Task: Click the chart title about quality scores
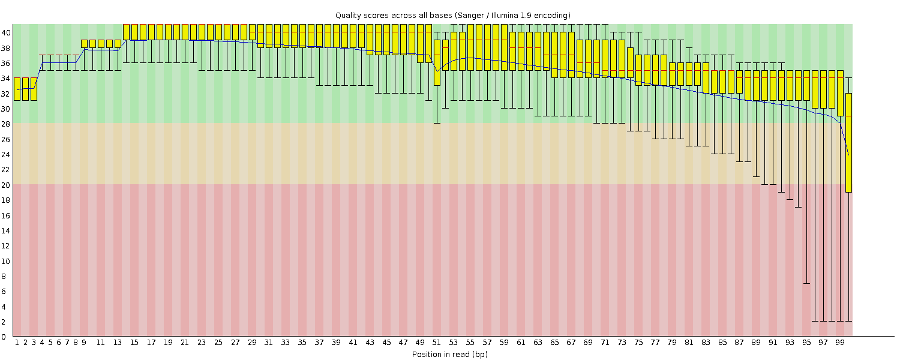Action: [452, 15]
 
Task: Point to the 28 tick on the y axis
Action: [5, 124]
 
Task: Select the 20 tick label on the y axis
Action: [5, 185]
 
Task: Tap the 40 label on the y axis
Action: [5, 33]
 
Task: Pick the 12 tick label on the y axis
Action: [5, 245]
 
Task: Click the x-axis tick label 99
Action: [840, 343]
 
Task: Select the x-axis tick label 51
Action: [437, 343]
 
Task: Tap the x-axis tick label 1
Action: [17, 343]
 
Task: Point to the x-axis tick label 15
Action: [134, 343]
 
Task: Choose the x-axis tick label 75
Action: [638, 343]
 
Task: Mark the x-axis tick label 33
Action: [286, 343]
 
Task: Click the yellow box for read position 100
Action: [848, 142]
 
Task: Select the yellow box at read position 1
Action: [17, 89]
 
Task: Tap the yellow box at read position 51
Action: [437, 62]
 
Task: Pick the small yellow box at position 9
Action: [84, 44]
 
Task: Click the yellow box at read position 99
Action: [840, 93]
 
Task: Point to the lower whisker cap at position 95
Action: [806, 283]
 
